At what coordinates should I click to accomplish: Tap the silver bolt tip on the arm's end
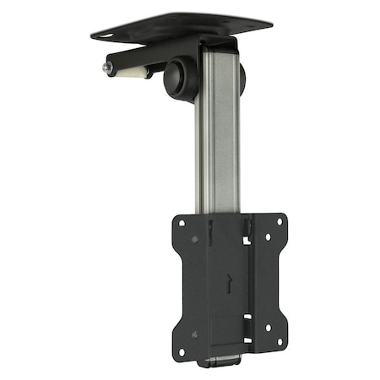pos(107,67)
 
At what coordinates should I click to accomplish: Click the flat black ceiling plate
pos(182,24)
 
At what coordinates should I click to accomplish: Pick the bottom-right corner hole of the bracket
pos(279,342)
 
